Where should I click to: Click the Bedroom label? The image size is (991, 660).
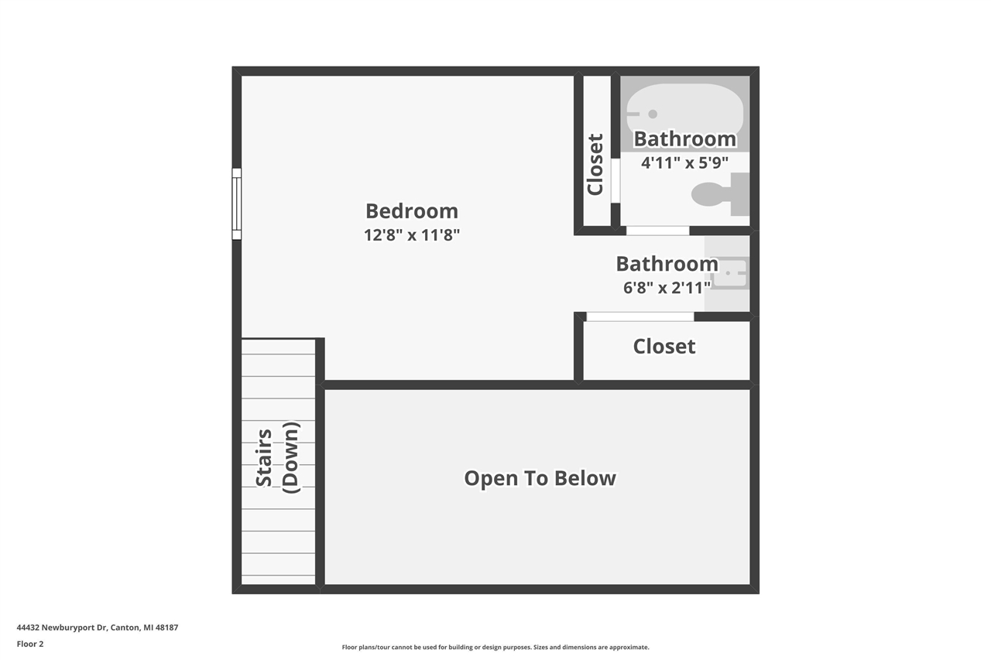(x=412, y=211)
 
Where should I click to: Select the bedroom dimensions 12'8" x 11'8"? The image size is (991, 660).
(x=412, y=235)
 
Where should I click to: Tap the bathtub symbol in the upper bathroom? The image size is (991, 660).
(x=685, y=108)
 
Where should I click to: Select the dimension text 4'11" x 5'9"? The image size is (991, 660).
(x=684, y=163)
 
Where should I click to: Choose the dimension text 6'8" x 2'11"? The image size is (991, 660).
(x=667, y=289)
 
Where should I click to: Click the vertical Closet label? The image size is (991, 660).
(x=595, y=165)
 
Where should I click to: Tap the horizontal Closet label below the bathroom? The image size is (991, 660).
(x=664, y=347)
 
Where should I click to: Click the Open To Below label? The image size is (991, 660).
(x=540, y=478)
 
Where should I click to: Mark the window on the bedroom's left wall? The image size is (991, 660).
(x=237, y=203)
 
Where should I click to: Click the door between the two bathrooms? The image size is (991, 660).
(x=657, y=231)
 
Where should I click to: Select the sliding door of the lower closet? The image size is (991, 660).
(x=640, y=316)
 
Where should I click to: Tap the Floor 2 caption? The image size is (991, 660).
(x=30, y=644)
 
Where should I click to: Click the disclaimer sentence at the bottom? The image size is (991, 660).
(x=495, y=648)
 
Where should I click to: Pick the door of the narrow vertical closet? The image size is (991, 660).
(x=615, y=180)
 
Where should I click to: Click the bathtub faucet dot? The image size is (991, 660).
(x=653, y=115)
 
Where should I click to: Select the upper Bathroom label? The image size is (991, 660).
(x=685, y=139)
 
